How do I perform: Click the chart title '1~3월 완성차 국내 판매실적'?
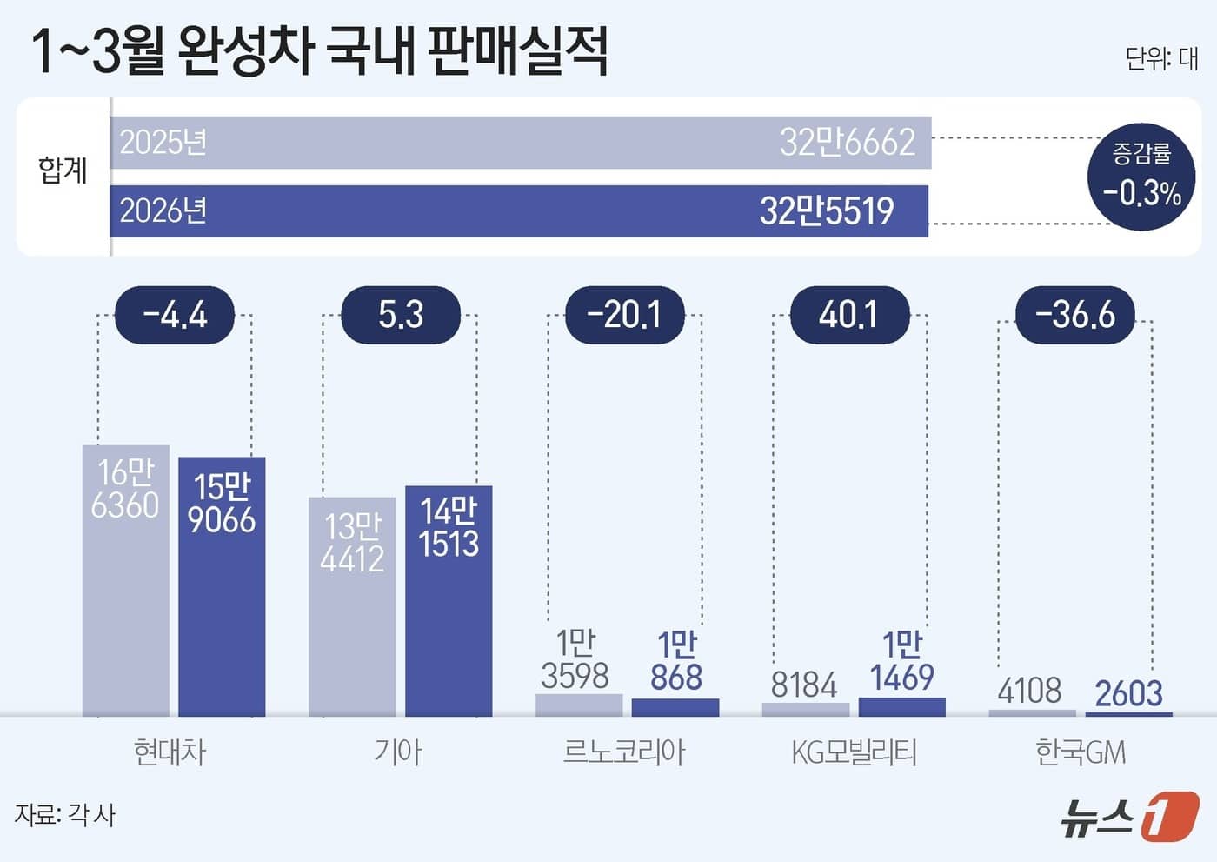319,50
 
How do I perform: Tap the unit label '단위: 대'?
1161,58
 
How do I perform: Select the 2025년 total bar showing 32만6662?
520,142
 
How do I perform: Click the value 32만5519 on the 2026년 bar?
826,210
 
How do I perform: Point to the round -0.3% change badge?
1141,177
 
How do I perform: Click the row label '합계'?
63,170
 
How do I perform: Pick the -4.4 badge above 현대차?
175,314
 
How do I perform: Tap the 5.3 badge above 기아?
401,314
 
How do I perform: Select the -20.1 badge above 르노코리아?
625,314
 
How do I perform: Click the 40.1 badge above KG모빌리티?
849,314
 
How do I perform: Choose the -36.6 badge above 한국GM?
1075,314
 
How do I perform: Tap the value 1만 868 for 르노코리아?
675,661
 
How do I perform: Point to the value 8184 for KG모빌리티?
804,685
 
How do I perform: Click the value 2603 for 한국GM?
1128,693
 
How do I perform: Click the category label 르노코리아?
623,752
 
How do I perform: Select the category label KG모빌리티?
854,752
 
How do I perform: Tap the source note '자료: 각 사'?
64,815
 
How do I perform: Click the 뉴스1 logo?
1129,817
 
